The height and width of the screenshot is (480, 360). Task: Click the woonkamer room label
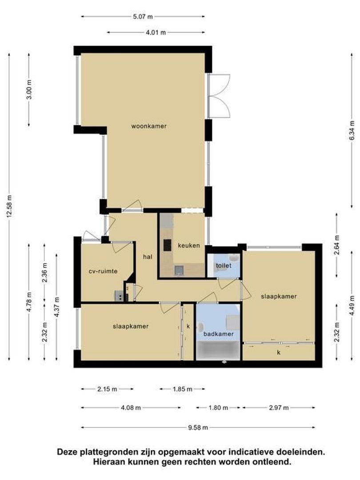[x=149, y=126]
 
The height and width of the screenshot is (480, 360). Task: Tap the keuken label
[x=189, y=245]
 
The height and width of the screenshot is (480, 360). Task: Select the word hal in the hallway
[x=148, y=257]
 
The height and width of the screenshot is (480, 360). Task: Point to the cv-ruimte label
[x=103, y=271]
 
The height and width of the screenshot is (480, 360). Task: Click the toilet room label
[x=224, y=265]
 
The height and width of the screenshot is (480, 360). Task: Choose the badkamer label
[x=219, y=334]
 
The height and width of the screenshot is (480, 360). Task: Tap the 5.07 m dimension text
[x=143, y=16]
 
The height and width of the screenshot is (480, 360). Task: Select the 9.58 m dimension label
[x=198, y=428]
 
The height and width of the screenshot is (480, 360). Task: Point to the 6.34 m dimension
[x=352, y=130]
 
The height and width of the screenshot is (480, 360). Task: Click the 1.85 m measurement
[x=183, y=389]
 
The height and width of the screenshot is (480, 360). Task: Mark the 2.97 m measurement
[x=279, y=408]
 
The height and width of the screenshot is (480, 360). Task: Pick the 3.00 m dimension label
[x=29, y=89]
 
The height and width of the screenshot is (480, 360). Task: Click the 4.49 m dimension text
[x=352, y=306]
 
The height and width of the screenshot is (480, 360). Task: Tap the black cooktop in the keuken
[x=167, y=245]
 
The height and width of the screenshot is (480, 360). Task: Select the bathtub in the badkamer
[x=218, y=351]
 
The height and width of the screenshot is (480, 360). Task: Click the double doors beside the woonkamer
[x=219, y=96]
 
